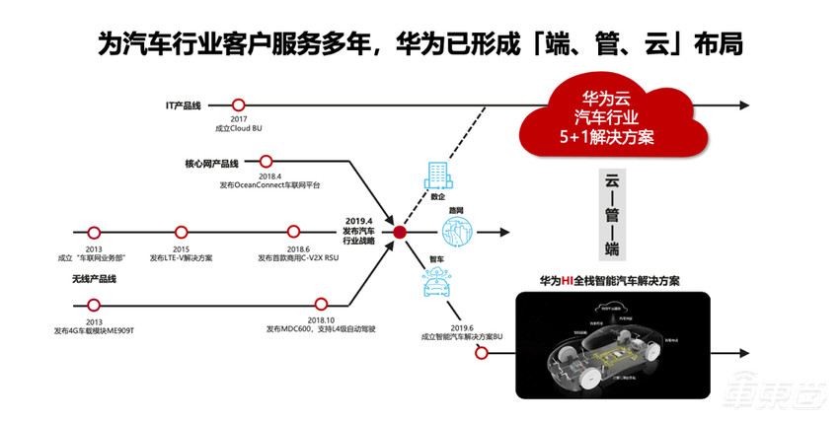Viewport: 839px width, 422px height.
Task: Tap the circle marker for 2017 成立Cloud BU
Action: [238, 104]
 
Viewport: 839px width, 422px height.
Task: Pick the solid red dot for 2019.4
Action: [400, 233]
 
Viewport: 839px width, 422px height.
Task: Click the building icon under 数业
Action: [436, 176]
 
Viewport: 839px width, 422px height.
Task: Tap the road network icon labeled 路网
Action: [458, 233]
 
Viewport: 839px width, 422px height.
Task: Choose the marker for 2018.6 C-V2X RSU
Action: [293, 233]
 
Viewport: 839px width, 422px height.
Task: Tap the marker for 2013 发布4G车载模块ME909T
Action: [94, 305]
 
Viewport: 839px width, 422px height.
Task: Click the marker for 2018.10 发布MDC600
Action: [321, 305]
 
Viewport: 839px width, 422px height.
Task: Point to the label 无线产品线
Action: [96, 280]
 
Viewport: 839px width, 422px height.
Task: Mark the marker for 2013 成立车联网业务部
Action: [94, 233]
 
